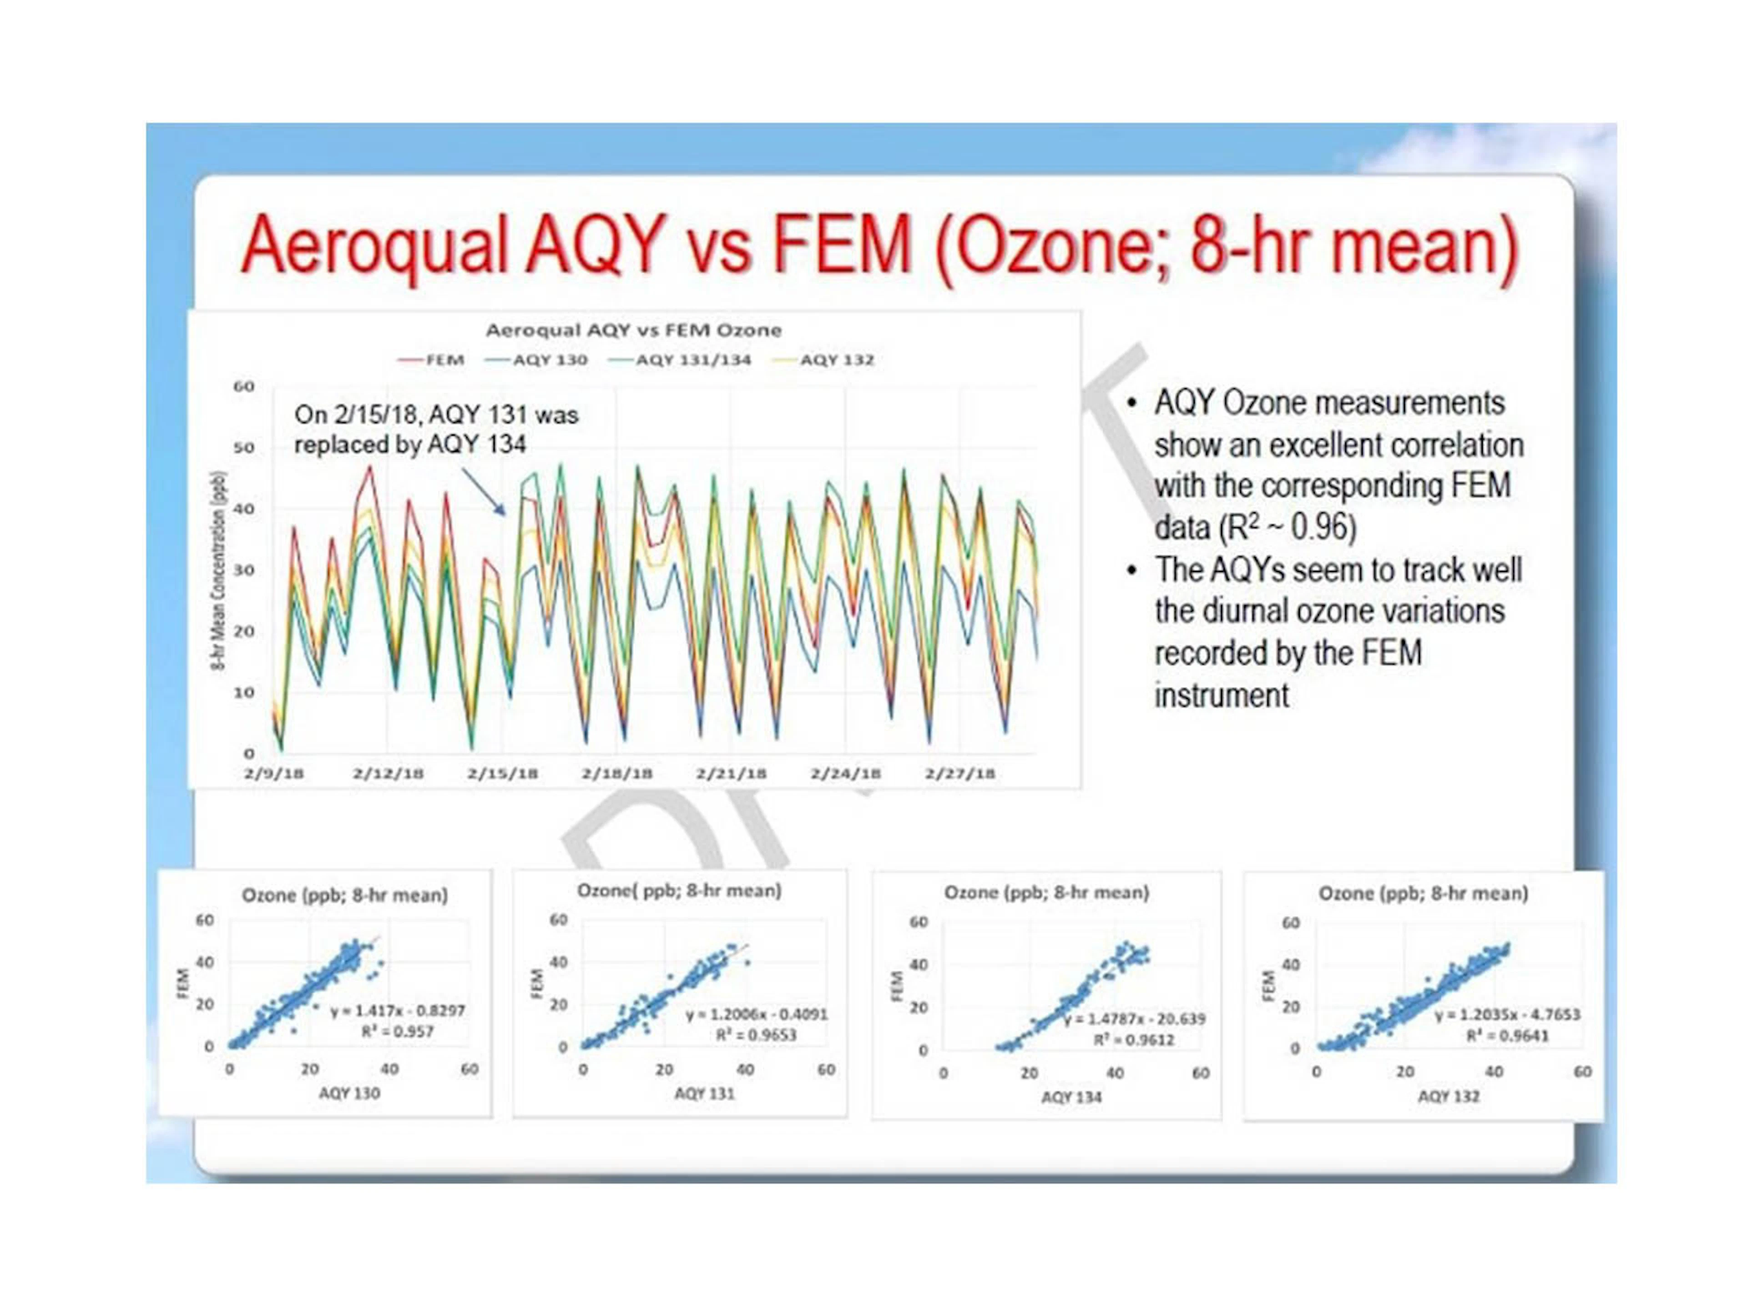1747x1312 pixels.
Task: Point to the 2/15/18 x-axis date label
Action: coord(502,774)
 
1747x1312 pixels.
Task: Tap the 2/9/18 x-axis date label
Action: coord(274,774)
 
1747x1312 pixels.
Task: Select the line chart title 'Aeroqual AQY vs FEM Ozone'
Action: coord(633,330)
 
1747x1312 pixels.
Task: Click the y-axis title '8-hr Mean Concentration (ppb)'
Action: coord(219,571)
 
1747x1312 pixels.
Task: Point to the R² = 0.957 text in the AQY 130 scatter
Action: coord(397,1031)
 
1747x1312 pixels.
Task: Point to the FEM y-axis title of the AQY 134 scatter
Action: coord(896,986)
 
